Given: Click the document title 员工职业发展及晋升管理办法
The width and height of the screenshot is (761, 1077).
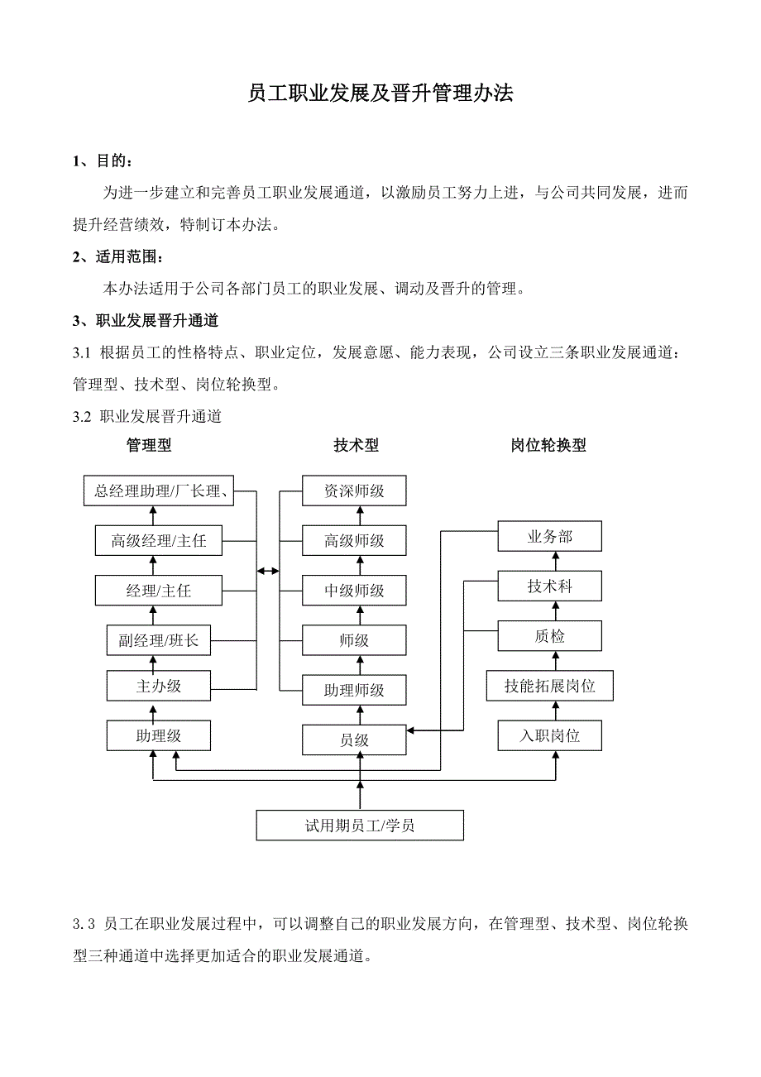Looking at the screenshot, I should coord(380,93).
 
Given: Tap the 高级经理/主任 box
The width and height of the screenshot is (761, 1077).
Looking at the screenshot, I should coord(159,541).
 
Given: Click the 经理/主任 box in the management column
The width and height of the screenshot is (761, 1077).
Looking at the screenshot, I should coord(159,591).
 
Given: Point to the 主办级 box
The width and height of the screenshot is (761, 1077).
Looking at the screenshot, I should coord(159,686).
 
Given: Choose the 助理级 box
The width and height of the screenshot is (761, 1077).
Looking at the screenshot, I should coord(159,735).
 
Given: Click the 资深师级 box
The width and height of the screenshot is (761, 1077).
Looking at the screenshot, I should coord(354,491).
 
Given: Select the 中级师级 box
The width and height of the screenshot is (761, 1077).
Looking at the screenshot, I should coord(354,591).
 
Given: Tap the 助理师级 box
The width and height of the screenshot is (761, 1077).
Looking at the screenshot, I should coord(354,690).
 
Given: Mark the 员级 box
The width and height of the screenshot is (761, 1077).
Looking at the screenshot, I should coord(354,740).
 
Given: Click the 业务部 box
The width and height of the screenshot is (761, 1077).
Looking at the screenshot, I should coord(549,537).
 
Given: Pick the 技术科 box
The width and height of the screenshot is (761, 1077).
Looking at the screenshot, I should coord(549,586).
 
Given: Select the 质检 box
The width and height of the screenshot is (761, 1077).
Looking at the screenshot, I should coord(549,636).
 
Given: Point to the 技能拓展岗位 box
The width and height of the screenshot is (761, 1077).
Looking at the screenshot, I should coord(549,686).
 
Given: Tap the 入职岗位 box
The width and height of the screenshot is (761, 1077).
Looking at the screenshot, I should coord(549,735).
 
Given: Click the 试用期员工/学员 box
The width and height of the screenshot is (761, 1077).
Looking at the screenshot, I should coord(360,826).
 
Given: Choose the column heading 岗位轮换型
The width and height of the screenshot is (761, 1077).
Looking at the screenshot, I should coord(548,445).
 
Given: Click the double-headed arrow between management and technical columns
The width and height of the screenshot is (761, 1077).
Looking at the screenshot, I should coord(268,571).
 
